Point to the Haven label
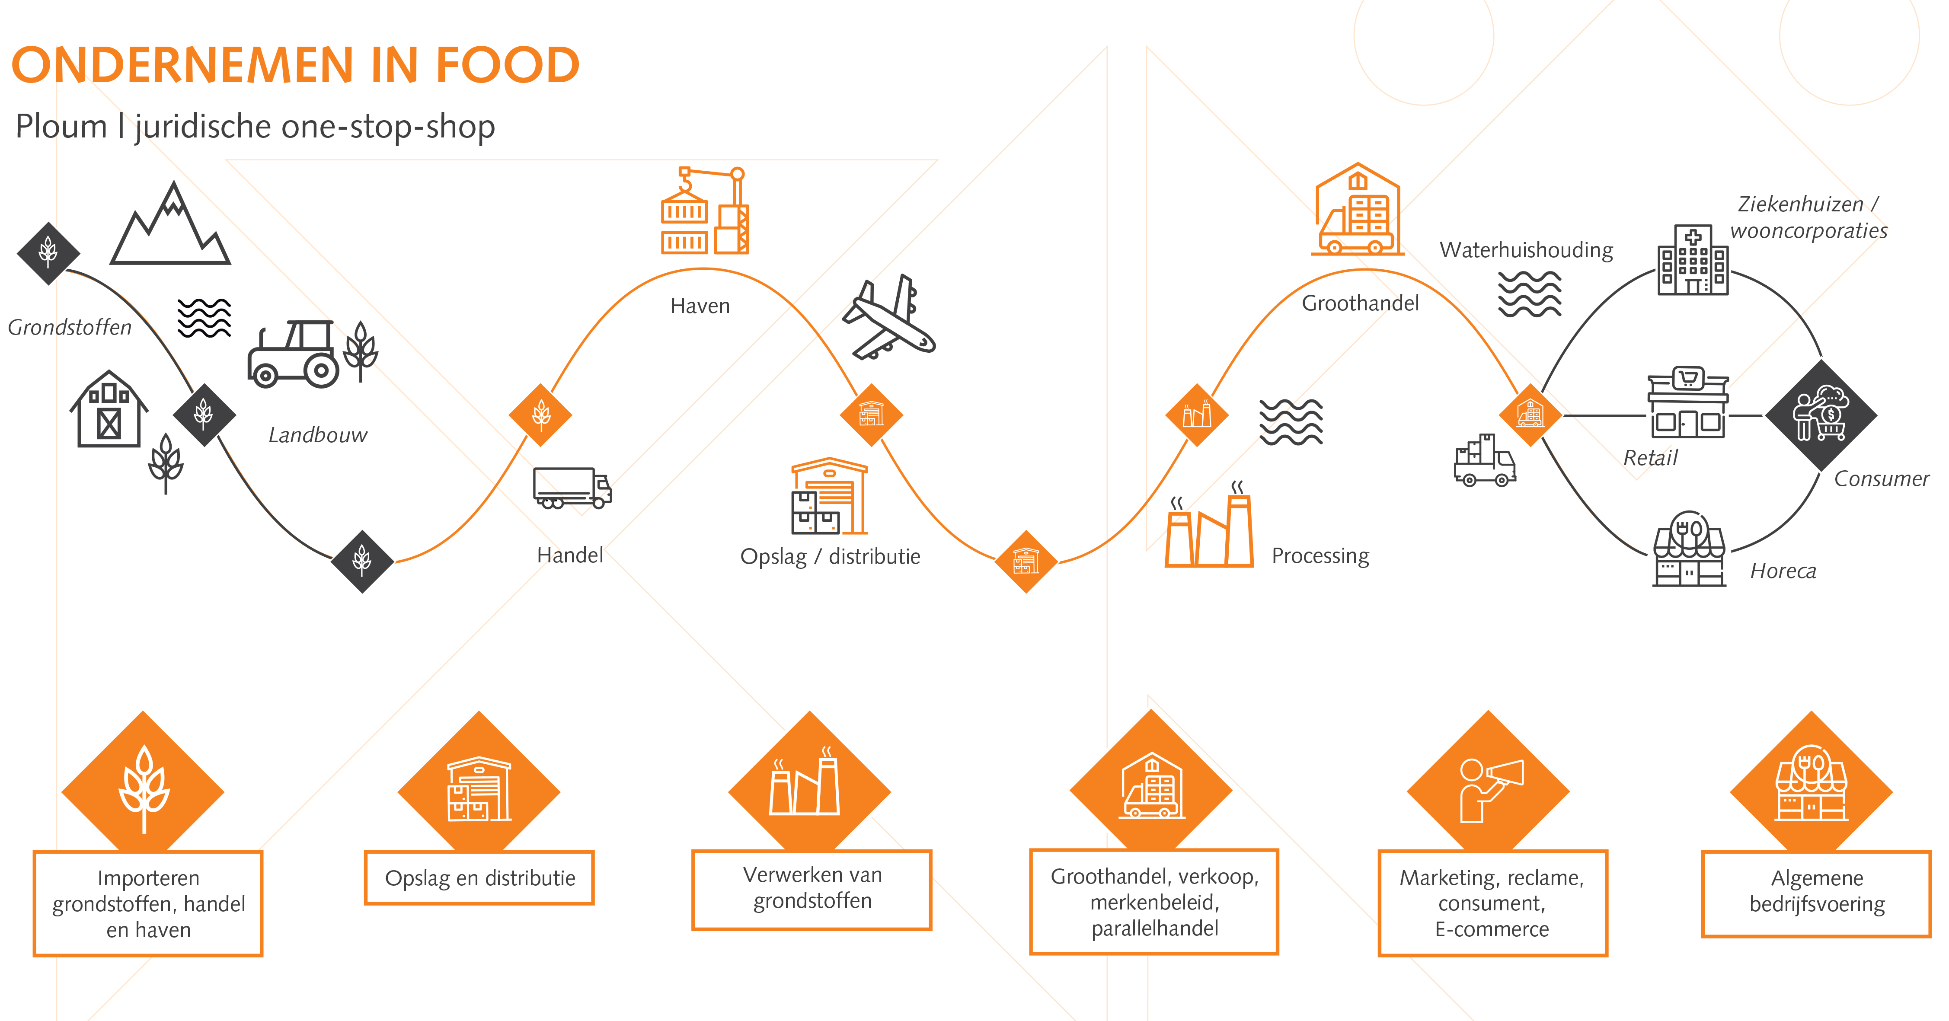700,306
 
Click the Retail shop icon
1688,403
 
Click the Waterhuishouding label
1526,250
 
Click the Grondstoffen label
70,328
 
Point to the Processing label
1320,556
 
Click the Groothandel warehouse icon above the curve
1358,210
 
